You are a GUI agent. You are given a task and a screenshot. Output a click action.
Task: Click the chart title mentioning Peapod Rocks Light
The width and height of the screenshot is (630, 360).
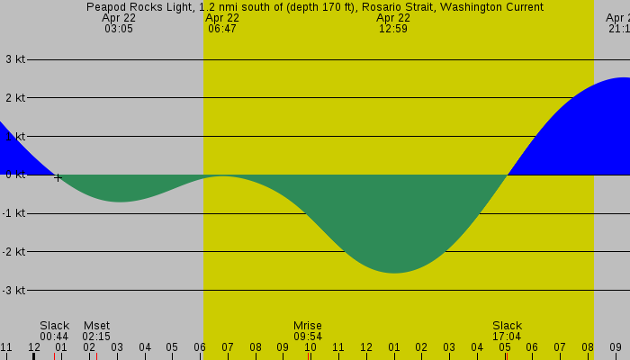tap(315, 7)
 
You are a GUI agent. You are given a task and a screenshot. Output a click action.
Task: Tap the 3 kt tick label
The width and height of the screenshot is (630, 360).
tap(15, 59)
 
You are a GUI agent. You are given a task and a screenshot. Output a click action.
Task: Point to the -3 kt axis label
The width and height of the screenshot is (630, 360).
tap(13, 290)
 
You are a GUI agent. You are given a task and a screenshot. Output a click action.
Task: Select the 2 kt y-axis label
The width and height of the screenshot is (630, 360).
tap(15, 97)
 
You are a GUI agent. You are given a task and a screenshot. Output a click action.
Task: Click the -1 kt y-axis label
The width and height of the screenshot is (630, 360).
tap(13, 213)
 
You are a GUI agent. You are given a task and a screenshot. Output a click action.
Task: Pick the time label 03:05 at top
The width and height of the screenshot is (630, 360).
tap(118, 29)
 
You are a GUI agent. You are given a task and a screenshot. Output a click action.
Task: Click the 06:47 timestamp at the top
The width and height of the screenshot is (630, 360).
tap(222, 29)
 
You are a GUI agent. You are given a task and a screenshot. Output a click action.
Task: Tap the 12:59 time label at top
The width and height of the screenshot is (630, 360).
tap(393, 29)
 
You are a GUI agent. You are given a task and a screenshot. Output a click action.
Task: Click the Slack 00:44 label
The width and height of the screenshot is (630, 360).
tap(54, 330)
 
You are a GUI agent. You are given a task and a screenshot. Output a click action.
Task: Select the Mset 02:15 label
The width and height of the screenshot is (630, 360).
tap(96, 330)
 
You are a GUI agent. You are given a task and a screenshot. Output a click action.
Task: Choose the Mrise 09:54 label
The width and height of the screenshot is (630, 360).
tap(307, 330)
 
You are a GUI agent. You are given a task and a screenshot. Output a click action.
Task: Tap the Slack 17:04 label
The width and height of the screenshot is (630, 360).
tap(507, 330)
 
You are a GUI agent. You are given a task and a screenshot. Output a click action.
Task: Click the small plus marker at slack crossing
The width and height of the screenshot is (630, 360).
tap(58, 177)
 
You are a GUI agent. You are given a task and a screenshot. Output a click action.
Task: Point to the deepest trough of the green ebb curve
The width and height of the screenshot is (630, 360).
tap(394, 270)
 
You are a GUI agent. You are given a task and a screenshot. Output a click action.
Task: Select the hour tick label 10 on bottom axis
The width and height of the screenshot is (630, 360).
tap(310, 346)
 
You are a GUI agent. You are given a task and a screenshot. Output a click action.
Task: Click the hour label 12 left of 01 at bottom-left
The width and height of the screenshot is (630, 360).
tap(33, 346)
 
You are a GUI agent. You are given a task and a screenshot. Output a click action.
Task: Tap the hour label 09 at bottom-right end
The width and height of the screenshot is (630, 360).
tap(615, 346)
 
